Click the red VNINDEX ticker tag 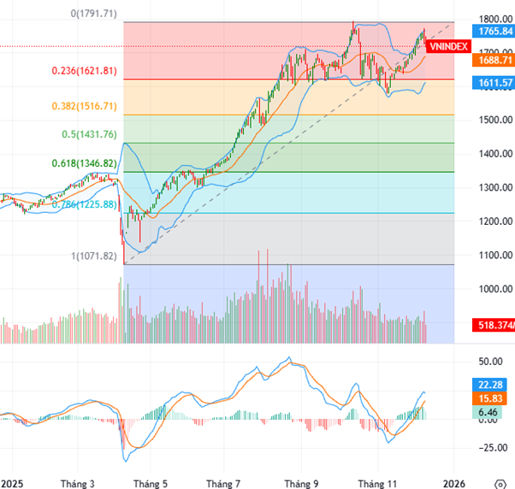[x=447, y=47]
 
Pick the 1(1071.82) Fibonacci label [x=96, y=256]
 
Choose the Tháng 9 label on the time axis [x=301, y=481]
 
